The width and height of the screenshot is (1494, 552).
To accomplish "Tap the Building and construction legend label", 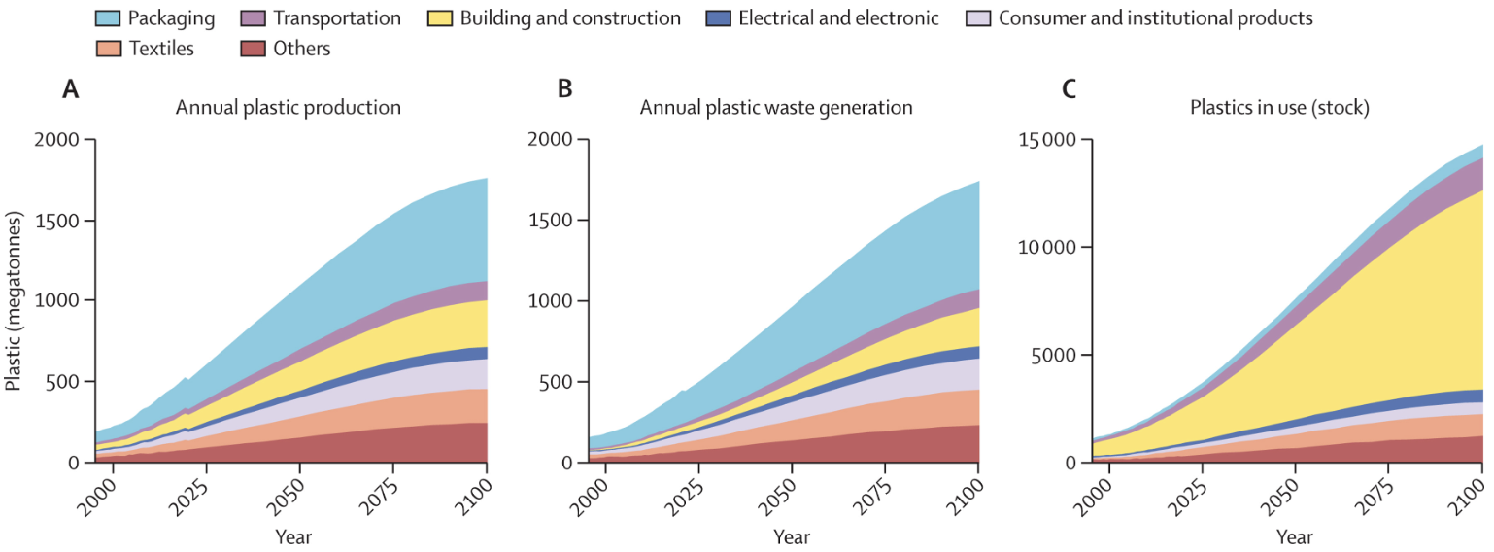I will (x=570, y=17).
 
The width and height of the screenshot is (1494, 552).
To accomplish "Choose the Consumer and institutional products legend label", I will (x=1155, y=17).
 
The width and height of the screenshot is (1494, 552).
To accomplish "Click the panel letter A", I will (x=70, y=89).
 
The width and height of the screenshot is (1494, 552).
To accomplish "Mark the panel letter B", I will (x=565, y=89).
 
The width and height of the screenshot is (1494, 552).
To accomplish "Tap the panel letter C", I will (x=1069, y=89).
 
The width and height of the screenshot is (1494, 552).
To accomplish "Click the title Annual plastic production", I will (x=289, y=108).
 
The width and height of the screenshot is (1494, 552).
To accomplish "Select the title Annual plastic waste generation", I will (x=776, y=108).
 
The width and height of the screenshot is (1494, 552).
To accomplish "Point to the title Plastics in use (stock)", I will (x=1279, y=108).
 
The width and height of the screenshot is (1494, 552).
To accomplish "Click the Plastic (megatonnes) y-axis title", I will (x=13, y=301).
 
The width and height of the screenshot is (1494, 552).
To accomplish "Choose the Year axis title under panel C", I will (x=1294, y=536).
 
